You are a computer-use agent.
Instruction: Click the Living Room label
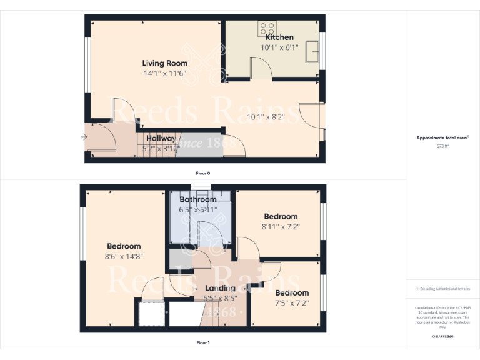(164, 63)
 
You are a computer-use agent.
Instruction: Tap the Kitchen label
(279, 37)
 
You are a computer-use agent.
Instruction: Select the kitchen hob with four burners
(267, 28)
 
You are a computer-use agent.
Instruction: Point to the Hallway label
(161, 138)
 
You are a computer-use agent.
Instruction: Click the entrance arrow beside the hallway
(84, 137)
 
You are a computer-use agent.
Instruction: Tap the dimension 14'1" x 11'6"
(164, 73)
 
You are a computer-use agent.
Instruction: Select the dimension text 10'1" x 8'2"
(266, 116)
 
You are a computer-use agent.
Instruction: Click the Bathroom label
(198, 199)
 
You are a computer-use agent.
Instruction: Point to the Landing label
(220, 288)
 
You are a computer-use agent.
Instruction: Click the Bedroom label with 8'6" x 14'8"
(124, 246)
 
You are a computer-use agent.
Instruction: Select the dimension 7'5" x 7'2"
(292, 303)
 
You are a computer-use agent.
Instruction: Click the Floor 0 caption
(203, 172)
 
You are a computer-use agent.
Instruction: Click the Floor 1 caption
(203, 342)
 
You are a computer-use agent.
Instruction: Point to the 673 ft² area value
(442, 146)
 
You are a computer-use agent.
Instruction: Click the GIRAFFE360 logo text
(442, 337)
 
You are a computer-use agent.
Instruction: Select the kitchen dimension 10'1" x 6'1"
(279, 47)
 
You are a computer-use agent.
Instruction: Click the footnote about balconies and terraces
(442, 289)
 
